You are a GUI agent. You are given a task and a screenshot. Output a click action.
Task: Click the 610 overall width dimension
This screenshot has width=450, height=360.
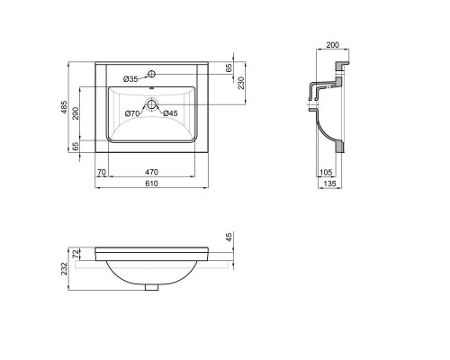pyautogui.click(x=151, y=184)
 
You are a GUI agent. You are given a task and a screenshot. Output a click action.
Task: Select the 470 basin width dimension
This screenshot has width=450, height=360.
pyautogui.click(x=151, y=172)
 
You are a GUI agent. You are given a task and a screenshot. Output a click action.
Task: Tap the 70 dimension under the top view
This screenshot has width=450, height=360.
pyautogui.click(x=102, y=172)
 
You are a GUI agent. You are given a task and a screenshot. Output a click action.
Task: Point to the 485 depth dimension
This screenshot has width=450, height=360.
pyautogui.click(x=64, y=107)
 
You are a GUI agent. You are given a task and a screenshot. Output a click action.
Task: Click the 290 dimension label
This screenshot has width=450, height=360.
pyautogui.click(x=76, y=113)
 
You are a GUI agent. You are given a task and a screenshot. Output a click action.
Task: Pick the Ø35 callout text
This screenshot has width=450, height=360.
pyautogui.click(x=130, y=79)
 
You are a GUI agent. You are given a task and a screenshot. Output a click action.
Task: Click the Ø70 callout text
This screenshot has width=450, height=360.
pyautogui.click(x=132, y=113)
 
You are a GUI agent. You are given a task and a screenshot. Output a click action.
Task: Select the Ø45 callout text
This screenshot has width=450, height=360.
pyautogui.click(x=170, y=113)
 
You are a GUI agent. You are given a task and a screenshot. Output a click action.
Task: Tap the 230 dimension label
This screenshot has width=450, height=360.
pyautogui.click(x=241, y=83)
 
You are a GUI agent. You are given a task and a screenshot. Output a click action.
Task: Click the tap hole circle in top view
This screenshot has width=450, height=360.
pyautogui.click(x=152, y=74)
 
